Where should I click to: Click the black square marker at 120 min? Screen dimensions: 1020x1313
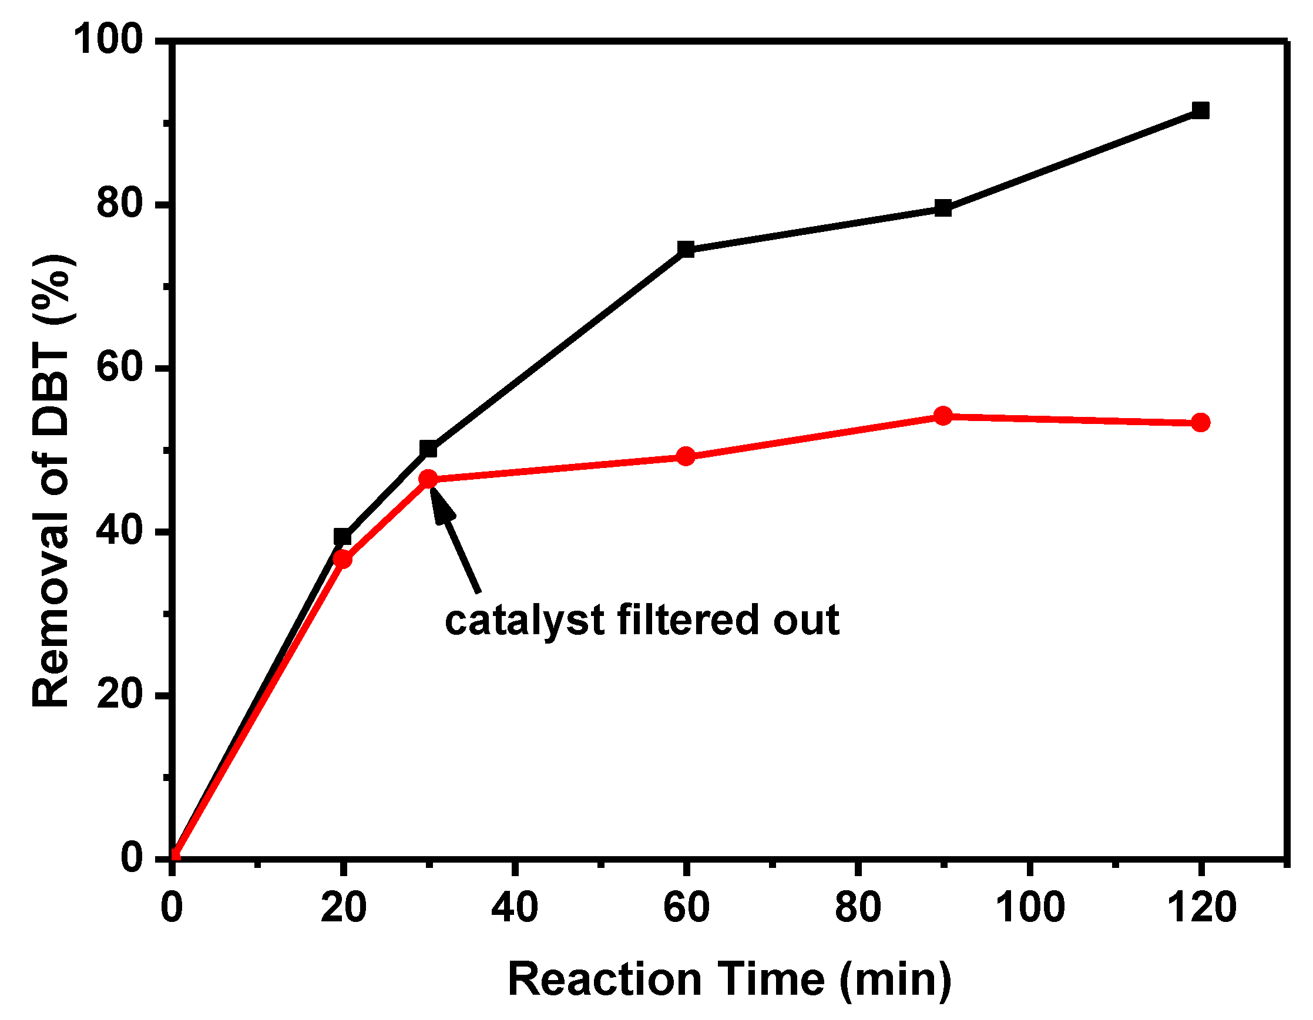[x=1200, y=110]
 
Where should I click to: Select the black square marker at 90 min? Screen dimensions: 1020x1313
[x=943, y=208]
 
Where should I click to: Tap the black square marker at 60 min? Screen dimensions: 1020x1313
[x=686, y=249]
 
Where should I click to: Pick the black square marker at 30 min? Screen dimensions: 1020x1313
[x=428, y=449]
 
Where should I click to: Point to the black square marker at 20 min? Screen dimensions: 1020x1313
[x=342, y=537]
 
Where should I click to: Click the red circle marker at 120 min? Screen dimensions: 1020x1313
[x=1200, y=423]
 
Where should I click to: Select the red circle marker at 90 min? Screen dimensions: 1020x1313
[x=943, y=415]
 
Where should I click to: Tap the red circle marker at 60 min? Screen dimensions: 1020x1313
[x=686, y=456]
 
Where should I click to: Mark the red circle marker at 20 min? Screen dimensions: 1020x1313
[x=342, y=559]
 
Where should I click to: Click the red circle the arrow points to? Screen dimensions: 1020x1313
[x=428, y=479]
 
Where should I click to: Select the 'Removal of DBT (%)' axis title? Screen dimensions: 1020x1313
[x=53, y=481]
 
